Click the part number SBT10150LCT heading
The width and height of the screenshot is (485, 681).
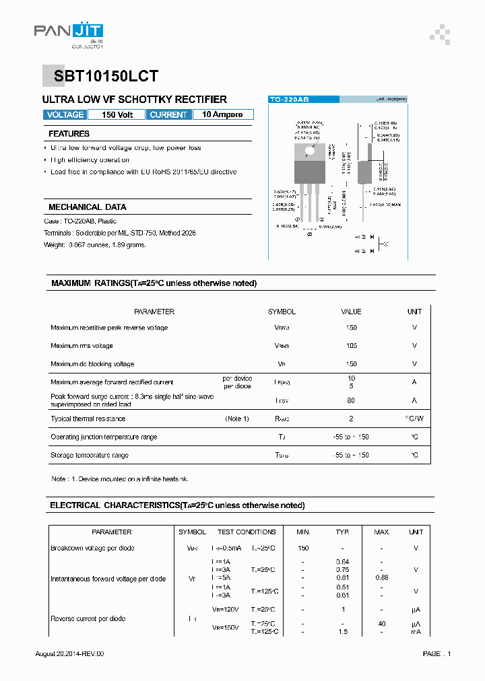(x=101, y=77)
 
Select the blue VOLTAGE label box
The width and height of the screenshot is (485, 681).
(x=65, y=115)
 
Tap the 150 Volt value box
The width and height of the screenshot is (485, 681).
(x=117, y=115)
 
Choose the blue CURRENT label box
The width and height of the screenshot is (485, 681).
(x=168, y=115)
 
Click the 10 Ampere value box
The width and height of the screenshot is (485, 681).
(x=222, y=115)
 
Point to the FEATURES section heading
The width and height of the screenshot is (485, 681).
(x=69, y=134)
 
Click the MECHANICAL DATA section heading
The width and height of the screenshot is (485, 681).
(x=87, y=207)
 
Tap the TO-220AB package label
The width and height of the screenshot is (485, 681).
(x=289, y=100)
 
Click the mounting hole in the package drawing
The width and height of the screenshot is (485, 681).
(x=309, y=150)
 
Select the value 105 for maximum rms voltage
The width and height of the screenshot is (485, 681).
(x=351, y=346)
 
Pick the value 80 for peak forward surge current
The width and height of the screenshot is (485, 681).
(x=351, y=400)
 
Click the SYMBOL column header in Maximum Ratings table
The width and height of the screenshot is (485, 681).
(x=282, y=312)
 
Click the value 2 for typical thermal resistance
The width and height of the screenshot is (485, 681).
(x=351, y=419)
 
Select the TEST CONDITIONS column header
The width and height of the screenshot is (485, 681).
(x=247, y=532)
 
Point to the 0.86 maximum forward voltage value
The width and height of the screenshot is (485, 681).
(x=381, y=577)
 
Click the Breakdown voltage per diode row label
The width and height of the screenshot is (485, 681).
(x=92, y=548)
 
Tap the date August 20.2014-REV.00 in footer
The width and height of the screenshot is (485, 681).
(x=69, y=654)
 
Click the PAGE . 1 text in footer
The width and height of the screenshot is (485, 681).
(x=437, y=654)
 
